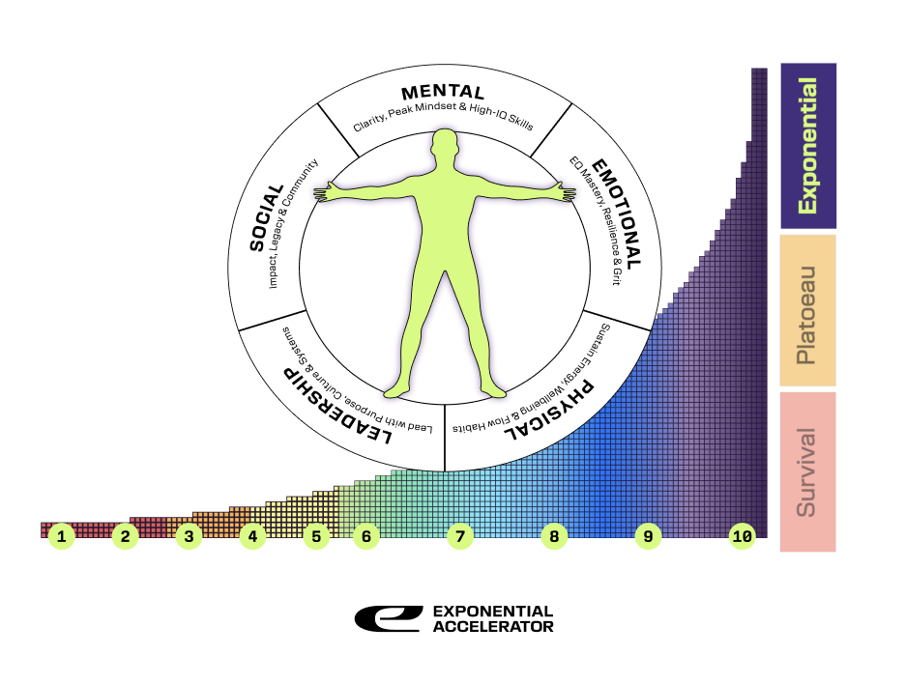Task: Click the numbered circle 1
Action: point(62,536)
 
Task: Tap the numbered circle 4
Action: point(252,536)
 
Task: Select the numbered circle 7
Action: point(460,536)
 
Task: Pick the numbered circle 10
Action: point(743,536)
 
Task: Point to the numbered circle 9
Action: point(648,536)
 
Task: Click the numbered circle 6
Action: point(365,536)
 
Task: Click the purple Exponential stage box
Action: point(807,146)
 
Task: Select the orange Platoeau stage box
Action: point(807,310)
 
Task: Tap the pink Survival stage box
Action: point(807,470)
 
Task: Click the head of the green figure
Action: point(444,146)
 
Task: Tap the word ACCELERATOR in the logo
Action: point(493,627)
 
